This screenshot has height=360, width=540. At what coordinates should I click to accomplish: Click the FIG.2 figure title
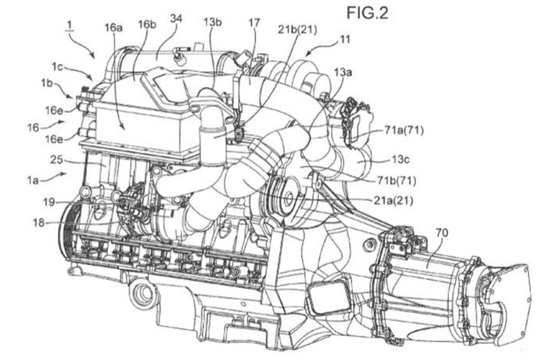click(367, 13)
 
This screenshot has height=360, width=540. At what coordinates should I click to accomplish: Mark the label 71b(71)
click(398, 181)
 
